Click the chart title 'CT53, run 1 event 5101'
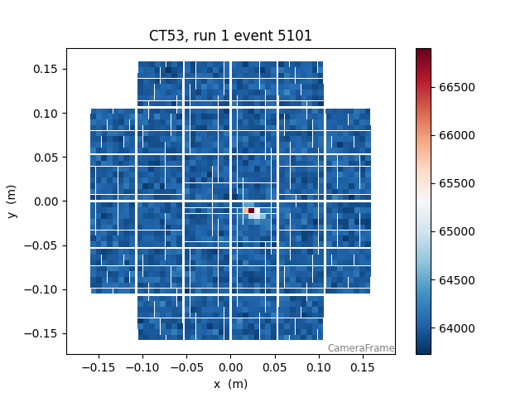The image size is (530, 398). click(230, 36)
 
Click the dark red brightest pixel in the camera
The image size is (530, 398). click(251, 211)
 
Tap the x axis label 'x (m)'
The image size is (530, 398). click(230, 384)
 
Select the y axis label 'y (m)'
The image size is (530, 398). click(12, 201)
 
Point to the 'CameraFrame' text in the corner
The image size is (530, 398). click(360, 348)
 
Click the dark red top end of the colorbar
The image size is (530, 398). click(423, 51)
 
